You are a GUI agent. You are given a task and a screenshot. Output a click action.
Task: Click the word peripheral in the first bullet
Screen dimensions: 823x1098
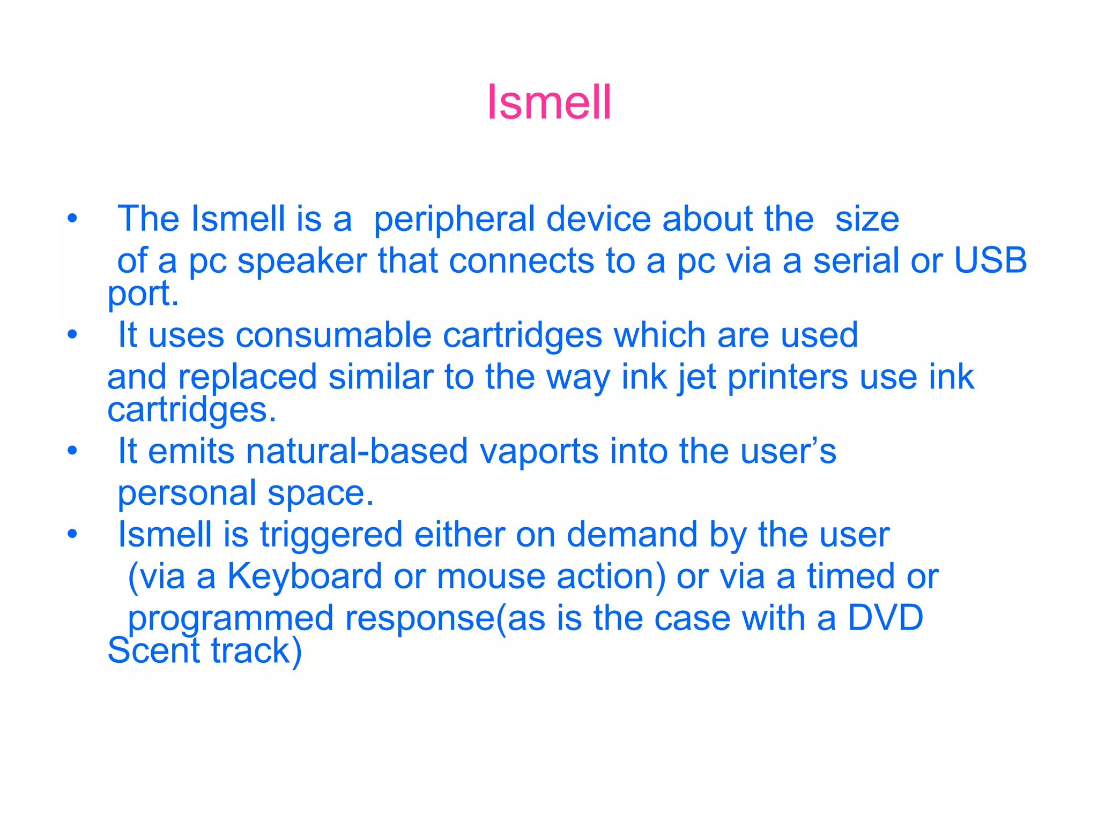click(454, 220)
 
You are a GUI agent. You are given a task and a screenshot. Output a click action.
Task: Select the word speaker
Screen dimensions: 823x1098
click(302, 261)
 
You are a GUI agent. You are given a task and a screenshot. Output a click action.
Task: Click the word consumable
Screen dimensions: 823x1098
click(333, 335)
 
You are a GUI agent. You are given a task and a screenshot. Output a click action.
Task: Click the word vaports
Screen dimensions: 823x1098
click(538, 451)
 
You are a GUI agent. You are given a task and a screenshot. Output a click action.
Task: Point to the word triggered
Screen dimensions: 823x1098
click(331, 536)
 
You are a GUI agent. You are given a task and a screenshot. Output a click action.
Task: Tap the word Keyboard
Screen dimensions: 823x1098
click(305, 577)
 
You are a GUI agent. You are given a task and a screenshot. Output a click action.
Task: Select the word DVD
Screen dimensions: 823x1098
click(885, 618)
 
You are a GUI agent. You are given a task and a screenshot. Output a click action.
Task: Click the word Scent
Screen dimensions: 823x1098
click(153, 651)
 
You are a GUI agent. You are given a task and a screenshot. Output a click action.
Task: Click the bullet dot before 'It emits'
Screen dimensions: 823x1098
click(72, 451)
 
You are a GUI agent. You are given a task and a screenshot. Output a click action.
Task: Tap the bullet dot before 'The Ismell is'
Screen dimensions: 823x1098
click(72, 219)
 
